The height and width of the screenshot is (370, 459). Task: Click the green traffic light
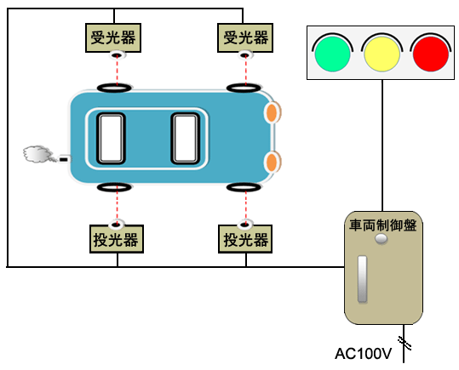tap(332, 54)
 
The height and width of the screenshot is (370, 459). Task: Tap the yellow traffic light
tap(382, 54)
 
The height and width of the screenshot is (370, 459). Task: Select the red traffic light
tap(431, 54)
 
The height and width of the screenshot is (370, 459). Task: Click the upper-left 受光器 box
tap(113, 37)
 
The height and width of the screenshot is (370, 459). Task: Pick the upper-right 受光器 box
tap(245, 37)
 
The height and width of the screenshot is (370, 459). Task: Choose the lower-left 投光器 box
tap(117, 239)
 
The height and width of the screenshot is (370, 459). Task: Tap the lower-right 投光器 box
tap(245, 239)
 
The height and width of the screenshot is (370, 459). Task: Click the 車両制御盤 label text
tap(383, 225)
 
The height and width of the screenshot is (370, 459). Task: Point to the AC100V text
tap(363, 354)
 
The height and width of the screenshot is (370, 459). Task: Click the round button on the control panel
tap(382, 239)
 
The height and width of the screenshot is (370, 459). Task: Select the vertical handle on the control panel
tap(363, 279)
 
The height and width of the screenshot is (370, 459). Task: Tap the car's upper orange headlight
tap(273, 112)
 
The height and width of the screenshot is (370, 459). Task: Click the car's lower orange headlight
tap(273, 162)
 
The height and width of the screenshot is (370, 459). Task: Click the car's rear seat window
tap(111, 139)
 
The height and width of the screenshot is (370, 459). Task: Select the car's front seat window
tap(186, 139)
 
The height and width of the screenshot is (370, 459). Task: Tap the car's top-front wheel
tap(244, 88)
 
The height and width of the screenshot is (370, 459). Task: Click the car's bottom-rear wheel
tap(114, 187)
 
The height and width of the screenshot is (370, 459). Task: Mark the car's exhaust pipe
tap(65, 159)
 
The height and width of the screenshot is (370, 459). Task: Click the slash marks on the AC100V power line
tap(404, 344)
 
